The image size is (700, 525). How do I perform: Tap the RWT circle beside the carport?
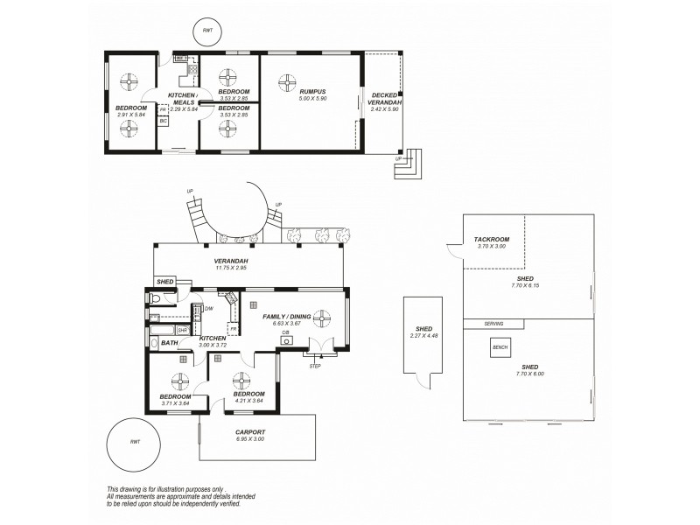click(x=134, y=442)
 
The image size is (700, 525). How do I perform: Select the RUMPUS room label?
click(x=312, y=92)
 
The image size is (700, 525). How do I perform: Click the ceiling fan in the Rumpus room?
click(x=286, y=82)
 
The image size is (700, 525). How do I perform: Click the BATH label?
click(x=169, y=343)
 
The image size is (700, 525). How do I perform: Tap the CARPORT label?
click(x=250, y=432)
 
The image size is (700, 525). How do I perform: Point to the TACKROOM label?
click(x=492, y=239)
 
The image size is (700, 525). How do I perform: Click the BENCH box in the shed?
click(x=500, y=347)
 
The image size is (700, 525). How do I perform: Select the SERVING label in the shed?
click(x=494, y=324)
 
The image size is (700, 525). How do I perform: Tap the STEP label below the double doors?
click(x=315, y=366)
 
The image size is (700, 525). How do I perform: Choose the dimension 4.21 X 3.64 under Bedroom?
click(x=249, y=402)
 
